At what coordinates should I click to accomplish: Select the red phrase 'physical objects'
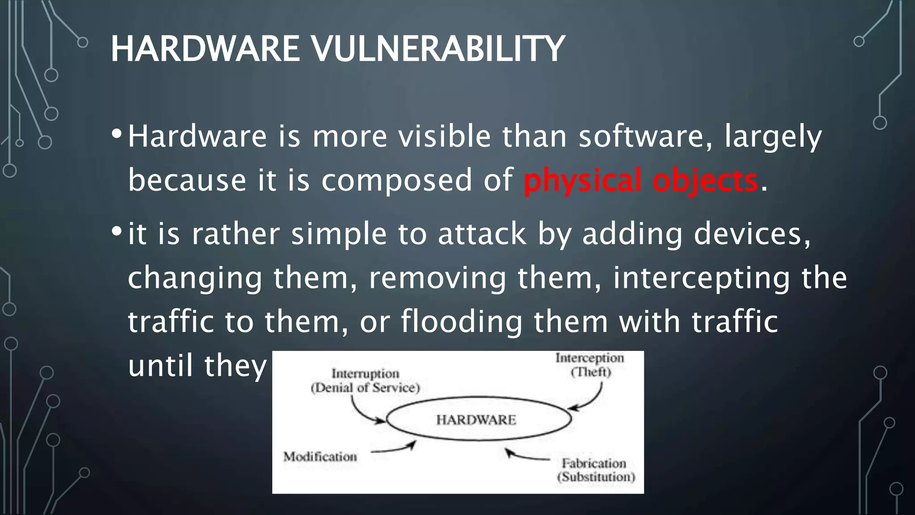click(641, 180)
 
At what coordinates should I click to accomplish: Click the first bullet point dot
click(117, 134)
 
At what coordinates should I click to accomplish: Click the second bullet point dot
click(117, 232)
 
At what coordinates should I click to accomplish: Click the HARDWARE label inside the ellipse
click(476, 420)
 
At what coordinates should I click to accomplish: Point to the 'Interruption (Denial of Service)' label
click(365, 380)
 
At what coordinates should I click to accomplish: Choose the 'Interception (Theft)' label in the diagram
click(590, 365)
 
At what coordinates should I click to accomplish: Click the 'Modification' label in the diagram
click(320, 456)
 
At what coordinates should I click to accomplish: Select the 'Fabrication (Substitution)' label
click(596, 470)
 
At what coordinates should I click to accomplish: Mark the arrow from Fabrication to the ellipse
click(527, 456)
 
